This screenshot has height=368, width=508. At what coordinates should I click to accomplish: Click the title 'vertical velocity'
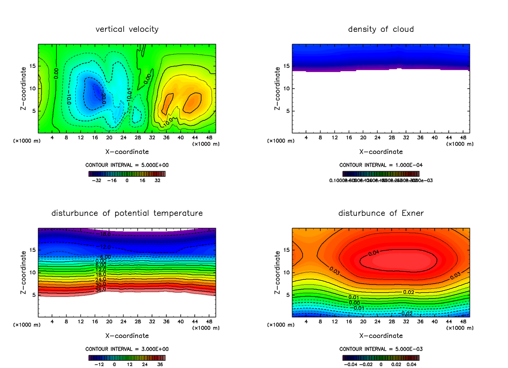[x=127, y=29]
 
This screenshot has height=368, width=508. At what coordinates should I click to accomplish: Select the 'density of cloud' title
[x=381, y=29]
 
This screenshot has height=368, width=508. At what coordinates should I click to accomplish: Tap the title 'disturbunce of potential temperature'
[x=127, y=213]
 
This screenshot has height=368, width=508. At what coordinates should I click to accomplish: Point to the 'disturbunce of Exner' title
[x=381, y=213]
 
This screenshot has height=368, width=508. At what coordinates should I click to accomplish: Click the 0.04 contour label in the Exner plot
[x=373, y=253]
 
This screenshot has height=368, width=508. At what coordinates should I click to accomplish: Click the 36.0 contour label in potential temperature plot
[x=100, y=290]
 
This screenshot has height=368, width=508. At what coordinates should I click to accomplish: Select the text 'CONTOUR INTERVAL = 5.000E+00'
[x=127, y=165]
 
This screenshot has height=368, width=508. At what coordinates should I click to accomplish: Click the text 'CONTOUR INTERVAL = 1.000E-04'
[x=381, y=165]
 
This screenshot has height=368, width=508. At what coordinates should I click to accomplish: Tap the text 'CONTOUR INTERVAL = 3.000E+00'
[x=127, y=349]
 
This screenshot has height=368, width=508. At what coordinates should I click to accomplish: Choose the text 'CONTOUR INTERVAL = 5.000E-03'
[x=381, y=349]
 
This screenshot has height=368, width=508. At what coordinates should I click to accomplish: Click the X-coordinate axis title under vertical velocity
[x=127, y=152]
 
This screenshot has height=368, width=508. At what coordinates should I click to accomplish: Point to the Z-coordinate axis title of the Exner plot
[x=278, y=272]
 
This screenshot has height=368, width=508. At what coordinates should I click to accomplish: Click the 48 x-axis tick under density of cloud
[x=463, y=137]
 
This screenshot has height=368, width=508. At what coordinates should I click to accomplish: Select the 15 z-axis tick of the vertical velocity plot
[x=33, y=66]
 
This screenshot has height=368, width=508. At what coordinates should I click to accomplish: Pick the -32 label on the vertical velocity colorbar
[x=98, y=180]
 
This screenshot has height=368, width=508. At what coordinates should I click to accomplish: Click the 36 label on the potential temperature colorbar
[x=160, y=364]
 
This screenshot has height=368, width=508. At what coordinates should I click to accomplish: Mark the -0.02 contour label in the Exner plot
[x=406, y=313]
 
